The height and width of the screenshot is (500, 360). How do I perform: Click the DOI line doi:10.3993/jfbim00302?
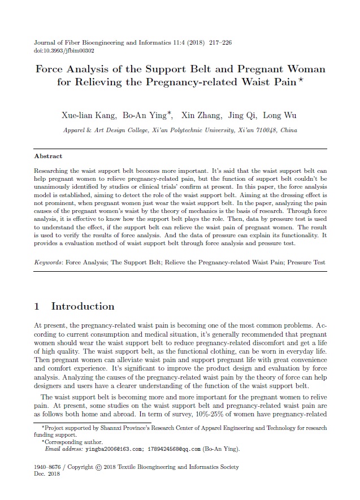64,50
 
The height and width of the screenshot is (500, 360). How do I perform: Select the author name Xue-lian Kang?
88,116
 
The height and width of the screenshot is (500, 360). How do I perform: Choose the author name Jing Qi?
241,116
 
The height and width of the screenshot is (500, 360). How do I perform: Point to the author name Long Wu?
280,116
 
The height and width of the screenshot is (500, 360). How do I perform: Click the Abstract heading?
49,156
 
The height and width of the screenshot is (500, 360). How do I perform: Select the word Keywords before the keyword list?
49,263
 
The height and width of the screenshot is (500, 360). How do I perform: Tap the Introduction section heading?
83,307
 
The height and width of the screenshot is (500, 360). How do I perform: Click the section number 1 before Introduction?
37,307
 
